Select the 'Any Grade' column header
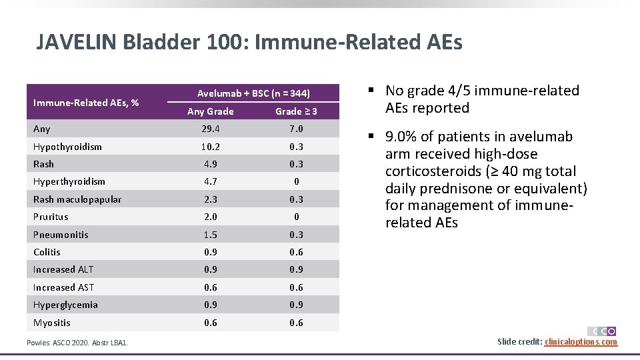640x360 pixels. coord(210,111)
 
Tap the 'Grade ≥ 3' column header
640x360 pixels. coord(296,111)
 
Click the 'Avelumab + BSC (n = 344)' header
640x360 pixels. coord(253,93)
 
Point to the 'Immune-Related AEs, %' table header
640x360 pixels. coord(86,103)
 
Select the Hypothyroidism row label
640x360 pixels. coord(67,146)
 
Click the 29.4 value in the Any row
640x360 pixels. coord(210,129)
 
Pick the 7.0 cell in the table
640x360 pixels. coord(296,129)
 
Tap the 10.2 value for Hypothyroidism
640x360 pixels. coord(210,146)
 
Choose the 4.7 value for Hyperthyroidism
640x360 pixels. coord(210,181)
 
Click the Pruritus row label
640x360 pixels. coord(51,217)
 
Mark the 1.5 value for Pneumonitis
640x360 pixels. coord(210,235)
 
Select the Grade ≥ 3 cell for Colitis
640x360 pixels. coord(296,252)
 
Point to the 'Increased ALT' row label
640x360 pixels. coord(63,269)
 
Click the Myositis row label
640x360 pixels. coord(51,323)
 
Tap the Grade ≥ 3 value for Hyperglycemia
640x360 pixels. coord(296,305)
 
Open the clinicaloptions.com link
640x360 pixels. coord(581,342)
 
